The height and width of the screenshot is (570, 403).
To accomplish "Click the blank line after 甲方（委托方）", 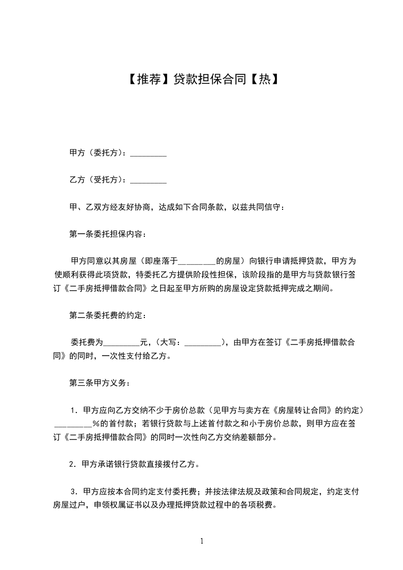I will point(148,153).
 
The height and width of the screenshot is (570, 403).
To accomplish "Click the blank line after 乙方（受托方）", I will point(148,180).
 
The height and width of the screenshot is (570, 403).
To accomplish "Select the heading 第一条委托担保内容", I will point(107,234).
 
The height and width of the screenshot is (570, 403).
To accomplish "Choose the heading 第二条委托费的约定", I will point(107,315).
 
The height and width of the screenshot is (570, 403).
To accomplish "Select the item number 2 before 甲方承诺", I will point(73,464).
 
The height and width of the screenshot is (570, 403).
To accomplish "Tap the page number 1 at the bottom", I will point(202,542).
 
